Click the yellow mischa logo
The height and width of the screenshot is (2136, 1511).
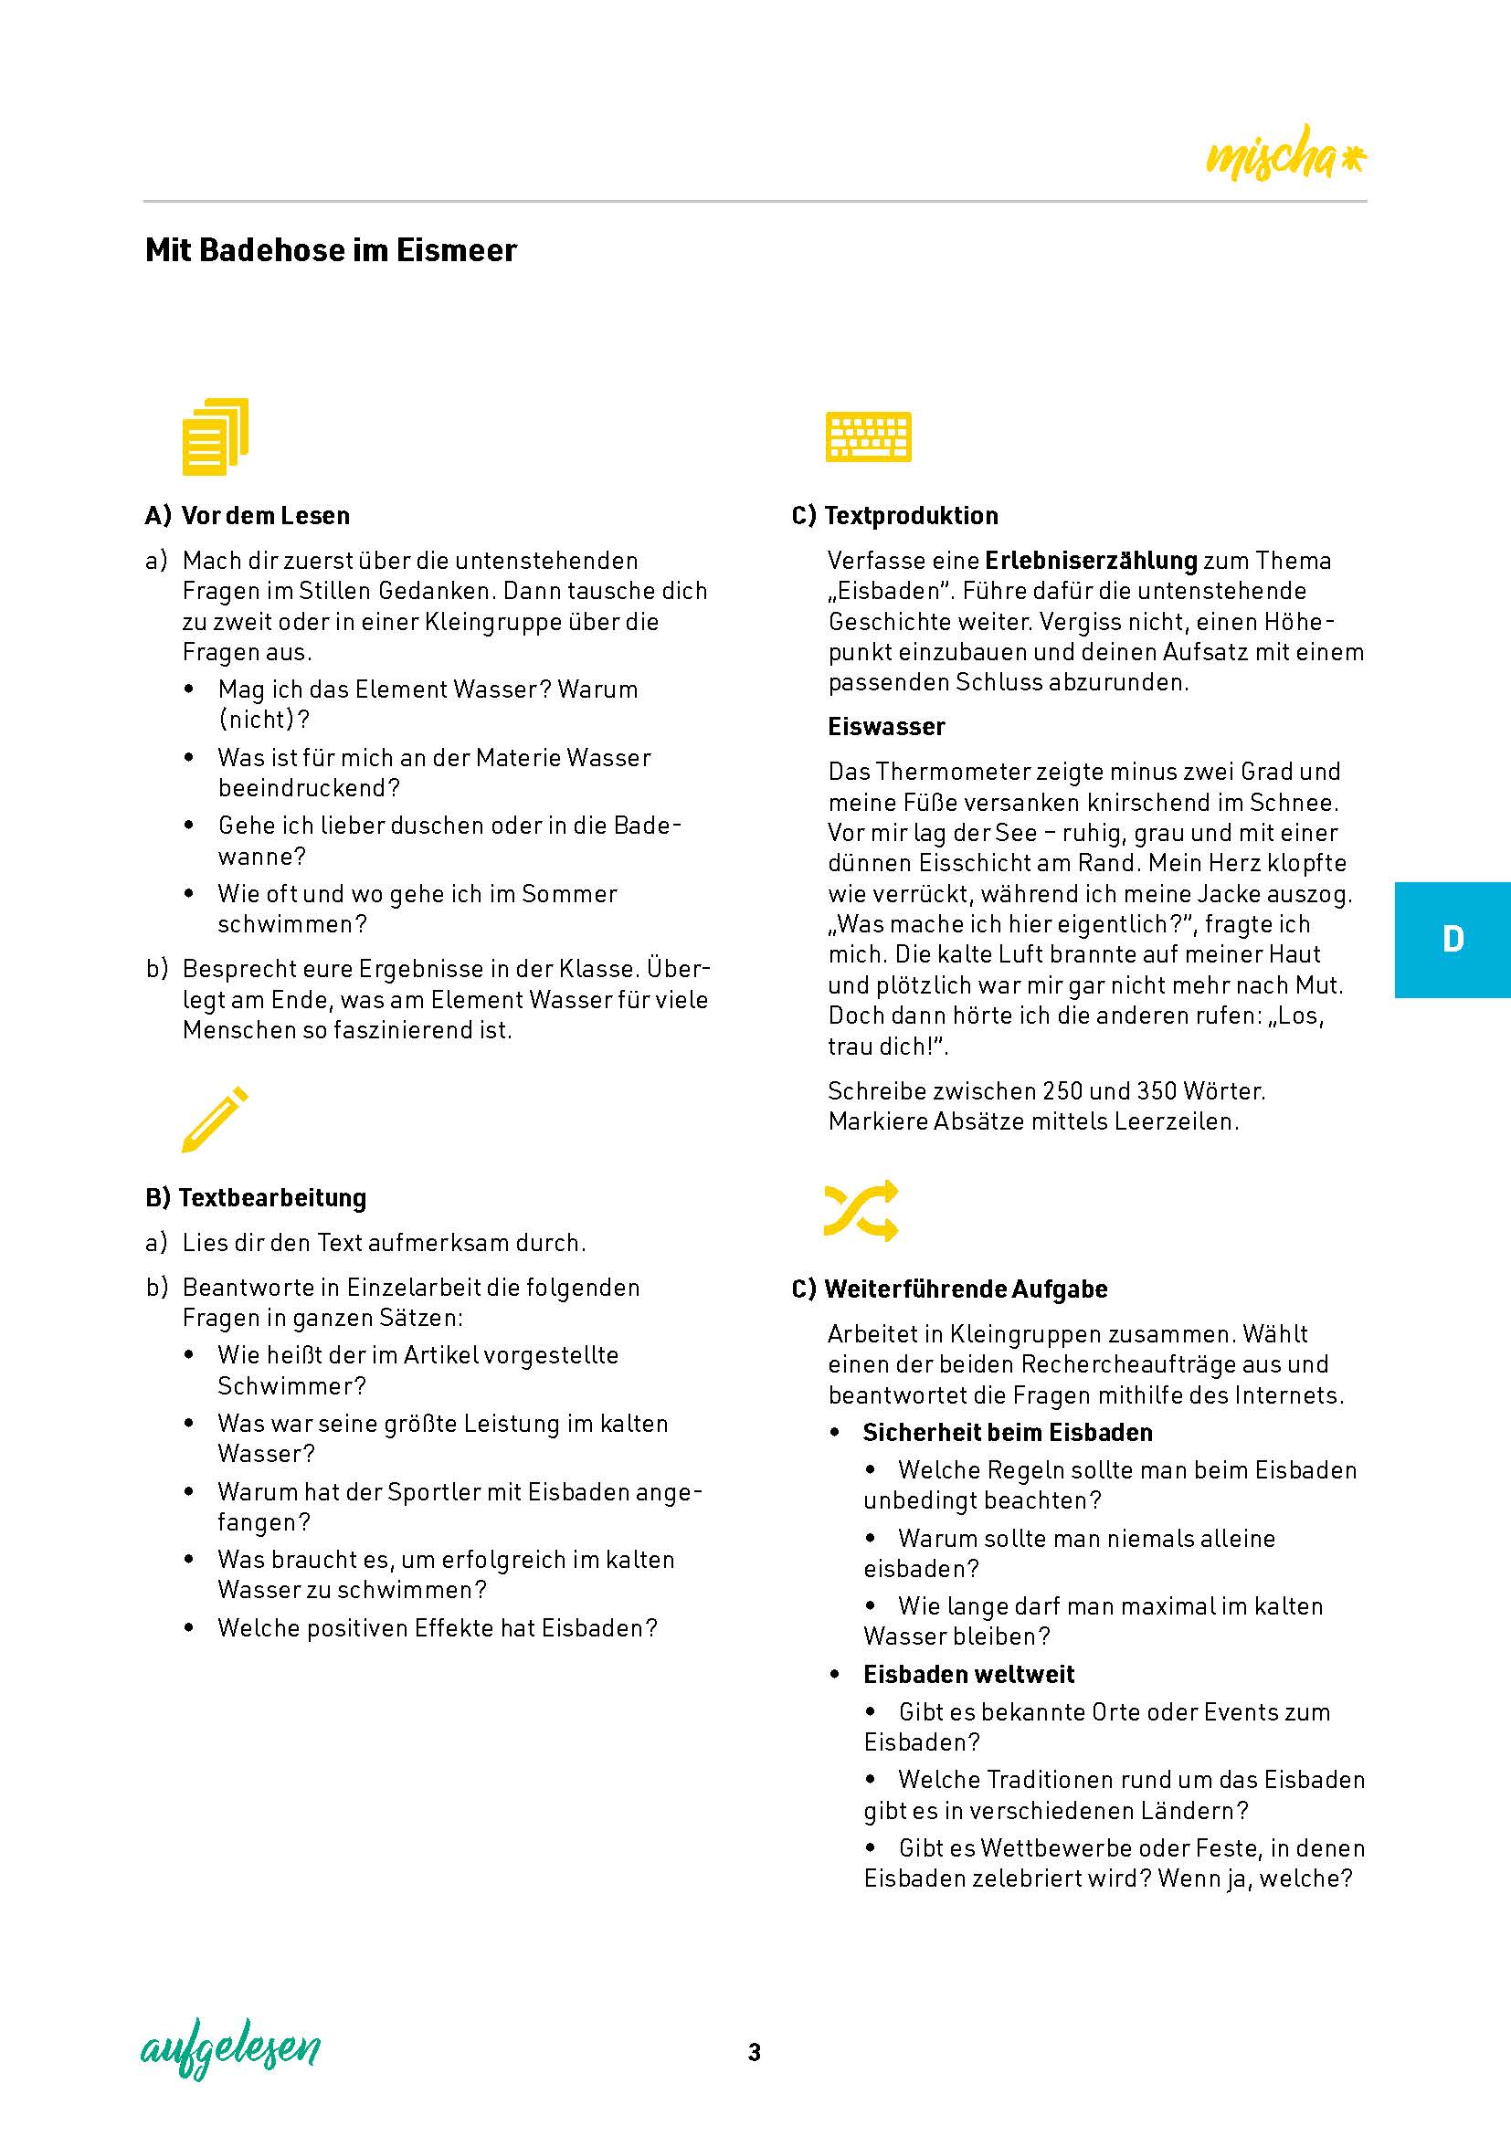coord(1285,154)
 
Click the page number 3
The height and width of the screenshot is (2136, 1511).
coord(755,2051)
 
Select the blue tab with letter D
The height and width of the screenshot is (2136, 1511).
coord(1452,940)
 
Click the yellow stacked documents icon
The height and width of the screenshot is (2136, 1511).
coord(215,437)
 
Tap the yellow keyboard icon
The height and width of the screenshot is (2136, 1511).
coord(868,437)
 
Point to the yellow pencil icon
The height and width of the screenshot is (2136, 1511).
coord(215,1120)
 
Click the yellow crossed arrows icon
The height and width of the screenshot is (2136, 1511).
coord(861,1210)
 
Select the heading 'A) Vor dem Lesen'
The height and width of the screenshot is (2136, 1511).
coord(248,515)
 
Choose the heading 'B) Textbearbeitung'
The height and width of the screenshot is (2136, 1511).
coord(256,1197)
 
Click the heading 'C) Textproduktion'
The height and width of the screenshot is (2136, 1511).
coord(894,515)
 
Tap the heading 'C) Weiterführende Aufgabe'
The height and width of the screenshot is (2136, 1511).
coord(949,1289)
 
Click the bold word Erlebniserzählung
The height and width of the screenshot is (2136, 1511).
coord(1091,560)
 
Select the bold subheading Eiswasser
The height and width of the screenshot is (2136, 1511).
coord(886,727)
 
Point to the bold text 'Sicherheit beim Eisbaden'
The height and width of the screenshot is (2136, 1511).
coord(1008,1432)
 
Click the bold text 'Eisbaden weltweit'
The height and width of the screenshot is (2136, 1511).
coord(968,1674)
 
